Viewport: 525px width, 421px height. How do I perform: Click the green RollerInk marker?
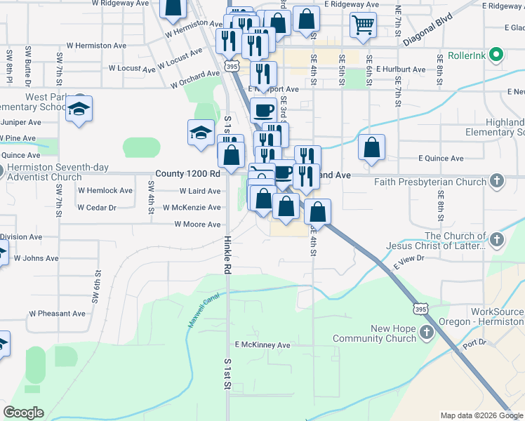tap(497, 54)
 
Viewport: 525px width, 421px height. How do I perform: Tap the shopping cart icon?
tap(363, 25)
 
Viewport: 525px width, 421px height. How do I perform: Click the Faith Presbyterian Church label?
tap(436, 182)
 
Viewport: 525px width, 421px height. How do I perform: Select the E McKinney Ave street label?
tap(262, 345)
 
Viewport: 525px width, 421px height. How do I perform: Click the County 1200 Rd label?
tap(187, 173)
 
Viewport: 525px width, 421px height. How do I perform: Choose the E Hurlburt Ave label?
tap(401, 69)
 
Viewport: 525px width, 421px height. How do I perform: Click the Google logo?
tap(23, 413)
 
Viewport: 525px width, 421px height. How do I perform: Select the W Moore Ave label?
tap(197, 225)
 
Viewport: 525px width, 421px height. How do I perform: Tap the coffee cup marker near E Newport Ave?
tap(263, 109)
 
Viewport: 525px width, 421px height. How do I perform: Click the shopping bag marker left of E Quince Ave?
tap(371, 148)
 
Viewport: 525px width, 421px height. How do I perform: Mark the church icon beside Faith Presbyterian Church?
tap(496, 181)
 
